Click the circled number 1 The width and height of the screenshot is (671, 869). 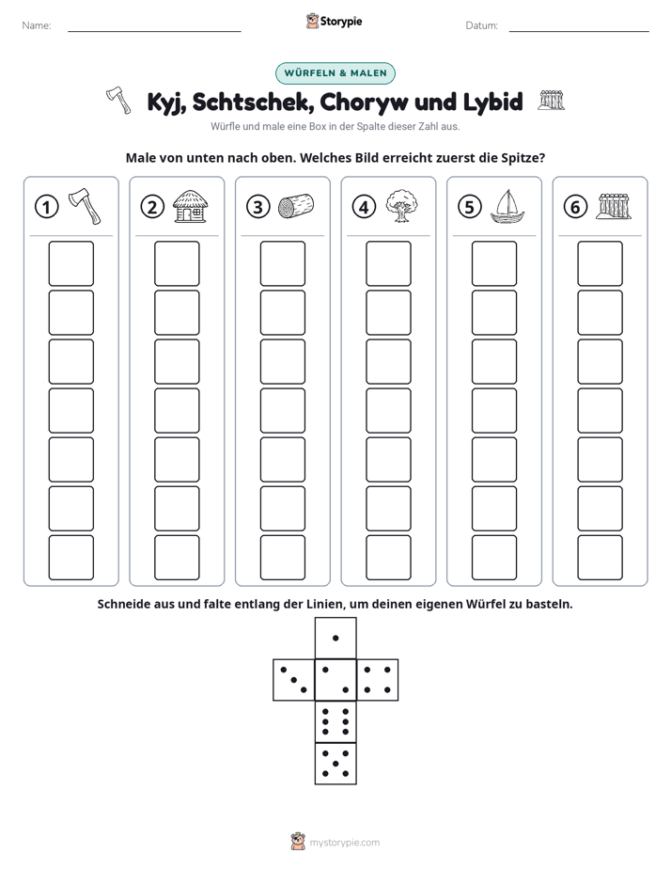tap(46, 207)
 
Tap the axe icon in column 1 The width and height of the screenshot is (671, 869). tap(85, 206)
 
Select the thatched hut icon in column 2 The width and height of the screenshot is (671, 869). tap(191, 206)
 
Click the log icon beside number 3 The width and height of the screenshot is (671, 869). tap(296, 206)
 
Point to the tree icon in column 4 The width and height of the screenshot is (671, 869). tap(401, 206)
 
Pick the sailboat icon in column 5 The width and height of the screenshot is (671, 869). tap(507, 206)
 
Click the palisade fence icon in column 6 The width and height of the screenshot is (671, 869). tap(614, 206)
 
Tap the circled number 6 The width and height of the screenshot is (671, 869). tap(575, 207)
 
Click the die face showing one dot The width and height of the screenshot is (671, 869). tap(335, 638)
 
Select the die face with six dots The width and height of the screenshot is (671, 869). tap(335, 721)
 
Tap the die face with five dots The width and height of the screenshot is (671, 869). tap(335, 763)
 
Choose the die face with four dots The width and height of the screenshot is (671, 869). tap(377, 679)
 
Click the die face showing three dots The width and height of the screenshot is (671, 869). tap(294, 679)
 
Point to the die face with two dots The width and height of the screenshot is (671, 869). tap(335, 679)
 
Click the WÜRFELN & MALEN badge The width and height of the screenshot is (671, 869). tap(335, 73)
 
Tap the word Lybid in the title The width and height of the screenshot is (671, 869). tap(492, 102)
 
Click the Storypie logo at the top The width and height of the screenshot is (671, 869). tap(334, 22)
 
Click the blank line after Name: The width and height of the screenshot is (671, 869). tap(154, 31)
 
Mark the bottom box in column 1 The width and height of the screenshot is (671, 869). tap(70, 558)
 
